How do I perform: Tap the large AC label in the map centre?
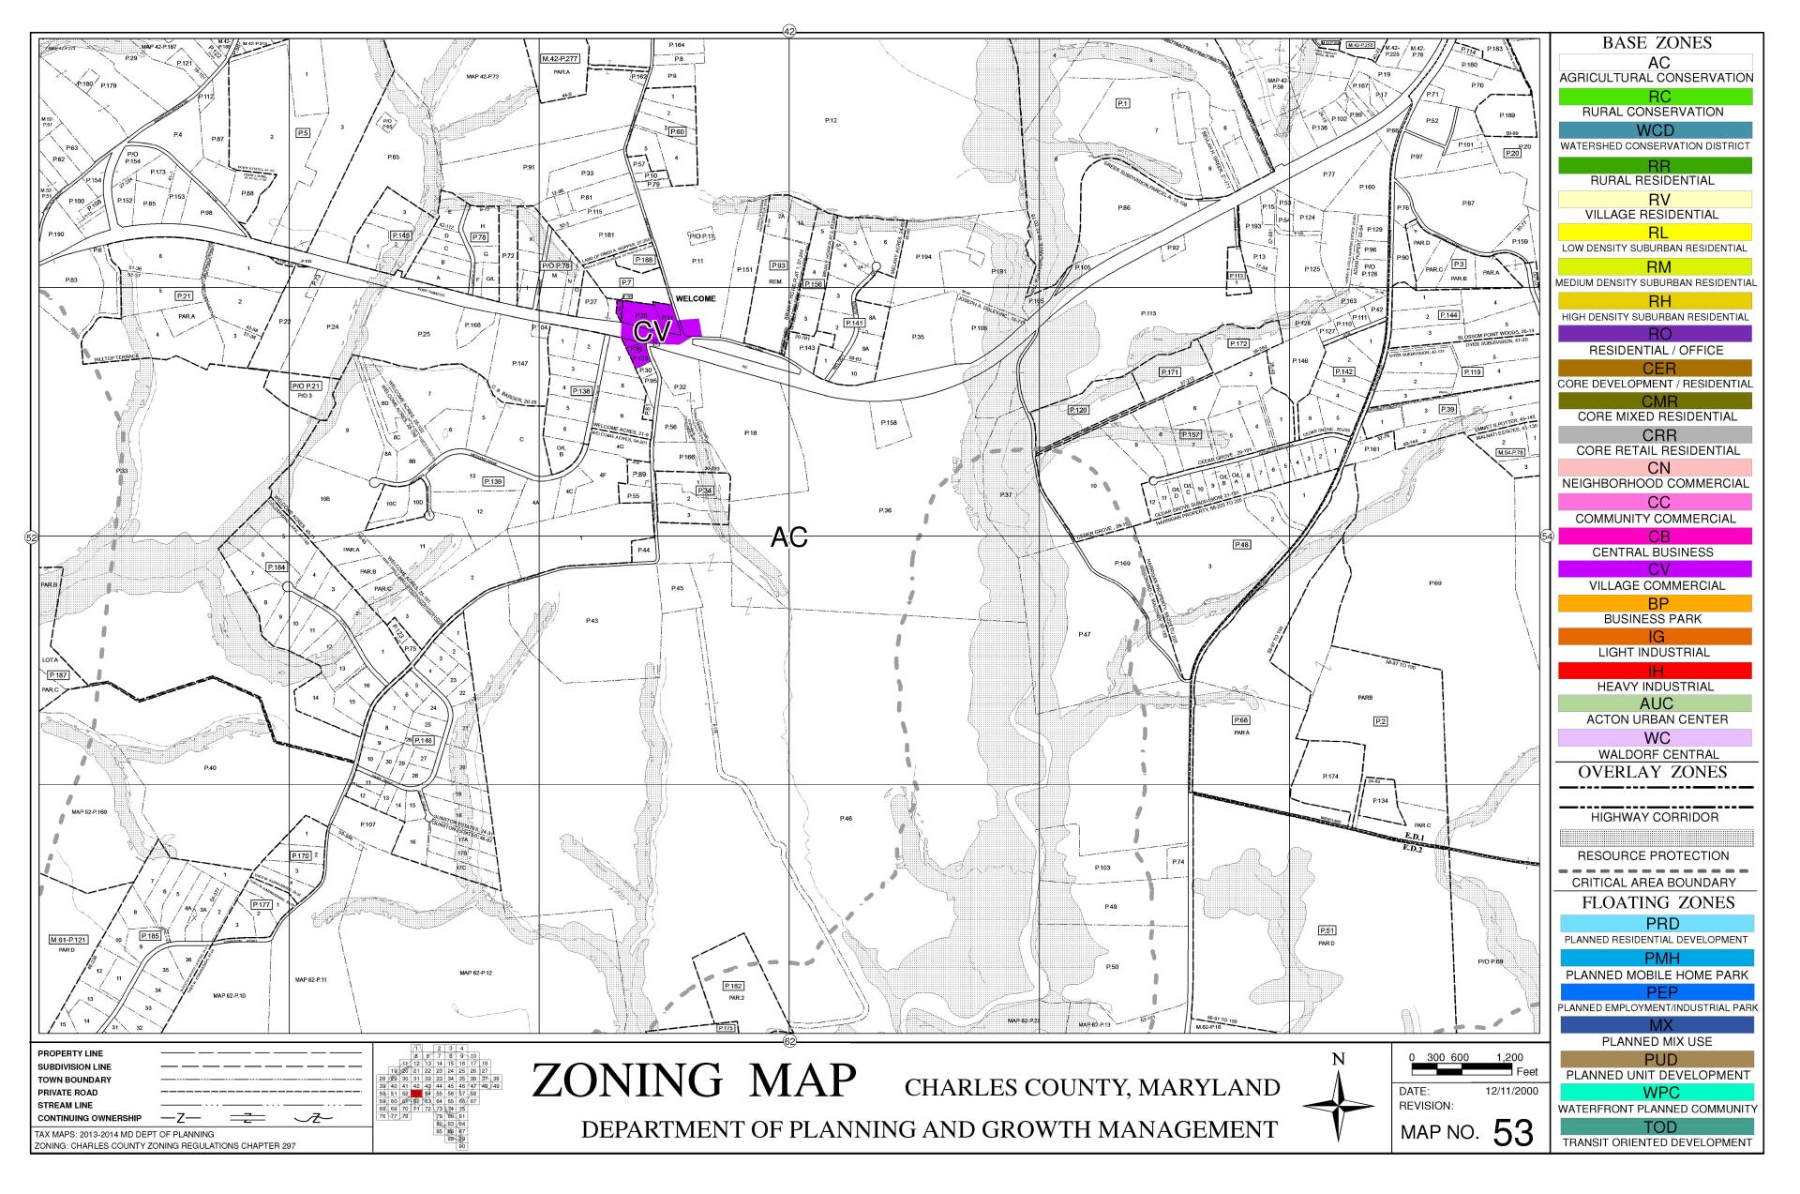pos(788,537)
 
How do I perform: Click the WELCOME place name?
pos(696,298)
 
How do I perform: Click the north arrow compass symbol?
pos(1339,1107)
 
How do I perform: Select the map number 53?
pos(1512,1133)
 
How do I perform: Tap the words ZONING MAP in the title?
pos(694,1081)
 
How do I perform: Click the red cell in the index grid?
pos(416,1094)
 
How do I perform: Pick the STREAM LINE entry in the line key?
pos(66,1105)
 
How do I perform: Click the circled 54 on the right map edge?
pos(1547,536)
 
